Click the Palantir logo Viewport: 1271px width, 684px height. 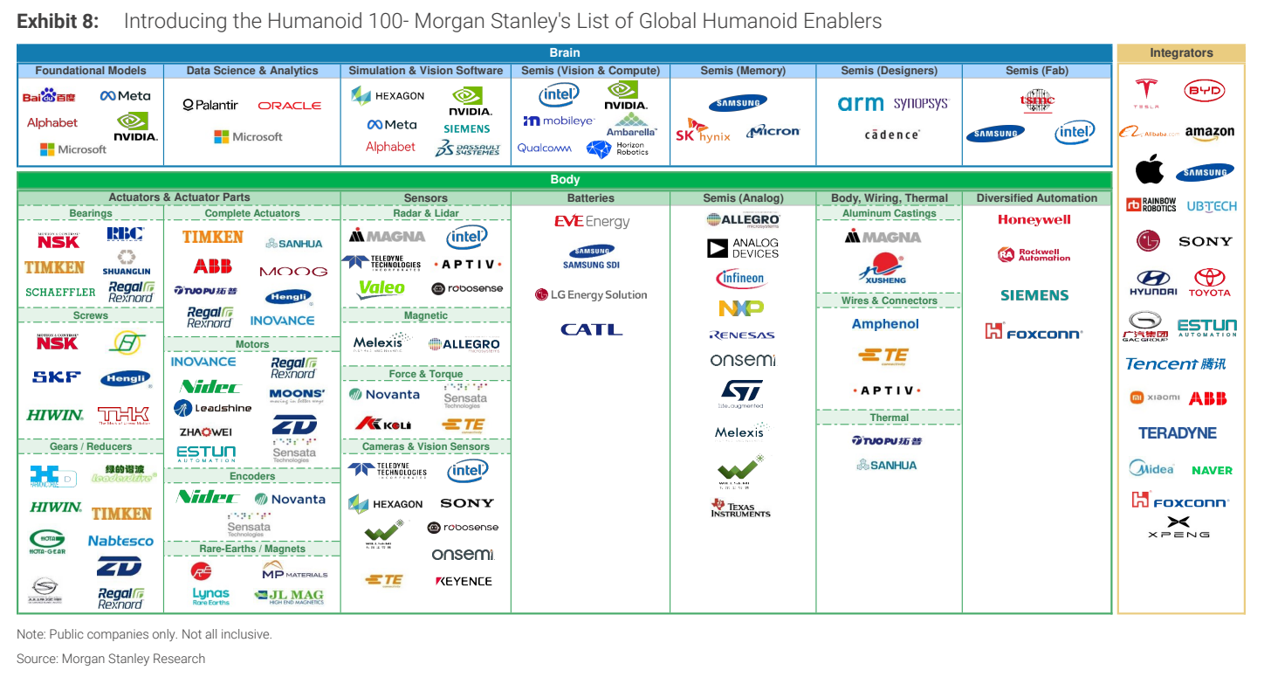pyautogui.click(x=210, y=105)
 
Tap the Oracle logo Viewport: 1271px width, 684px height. pyautogui.click(x=290, y=106)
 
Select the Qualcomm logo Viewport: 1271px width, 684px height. pyautogui.click(x=545, y=148)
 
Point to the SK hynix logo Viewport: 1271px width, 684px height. pyautogui.click(x=702, y=132)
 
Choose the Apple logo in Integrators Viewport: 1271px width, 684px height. pyautogui.click(x=1149, y=170)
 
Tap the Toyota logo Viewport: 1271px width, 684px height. pyautogui.click(x=1209, y=282)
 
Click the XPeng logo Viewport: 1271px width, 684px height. pyautogui.click(x=1178, y=527)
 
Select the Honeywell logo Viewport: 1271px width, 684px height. pyautogui.click(x=1034, y=220)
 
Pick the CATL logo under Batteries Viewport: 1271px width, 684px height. pyautogui.click(x=591, y=329)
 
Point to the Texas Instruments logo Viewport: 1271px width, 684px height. pyautogui.click(x=740, y=508)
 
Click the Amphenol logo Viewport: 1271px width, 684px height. pyautogui.click(x=885, y=324)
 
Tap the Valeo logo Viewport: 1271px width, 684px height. pyautogui.click(x=381, y=288)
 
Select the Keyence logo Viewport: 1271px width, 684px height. pyautogui.click(x=464, y=581)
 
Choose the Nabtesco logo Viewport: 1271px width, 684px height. pyautogui.click(x=120, y=541)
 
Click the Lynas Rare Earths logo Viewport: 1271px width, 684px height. pyautogui.click(x=211, y=596)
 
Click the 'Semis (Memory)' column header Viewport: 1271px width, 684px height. pyautogui.click(x=743, y=71)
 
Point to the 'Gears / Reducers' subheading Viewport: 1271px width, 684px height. pyautogui.click(x=91, y=446)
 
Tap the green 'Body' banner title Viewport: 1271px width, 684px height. pyautogui.click(x=565, y=180)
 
